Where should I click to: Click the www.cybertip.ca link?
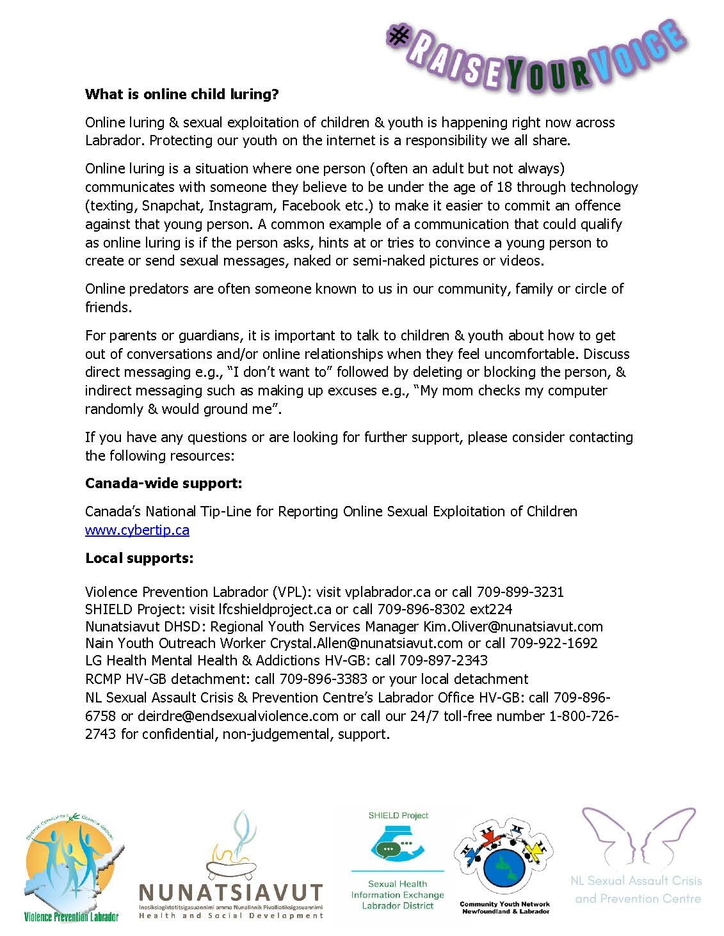(x=137, y=530)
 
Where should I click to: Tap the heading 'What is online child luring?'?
(x=182, y=95)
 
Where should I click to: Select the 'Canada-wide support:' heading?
(x=163, y=483)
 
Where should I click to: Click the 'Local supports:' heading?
(x=139, y=558)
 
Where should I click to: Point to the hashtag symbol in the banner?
(x=399, y=36)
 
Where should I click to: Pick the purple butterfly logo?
(x=637, y=838)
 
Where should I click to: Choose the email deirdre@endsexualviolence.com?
(x=237, y=716)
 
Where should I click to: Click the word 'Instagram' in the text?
(x=241, y=206)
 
